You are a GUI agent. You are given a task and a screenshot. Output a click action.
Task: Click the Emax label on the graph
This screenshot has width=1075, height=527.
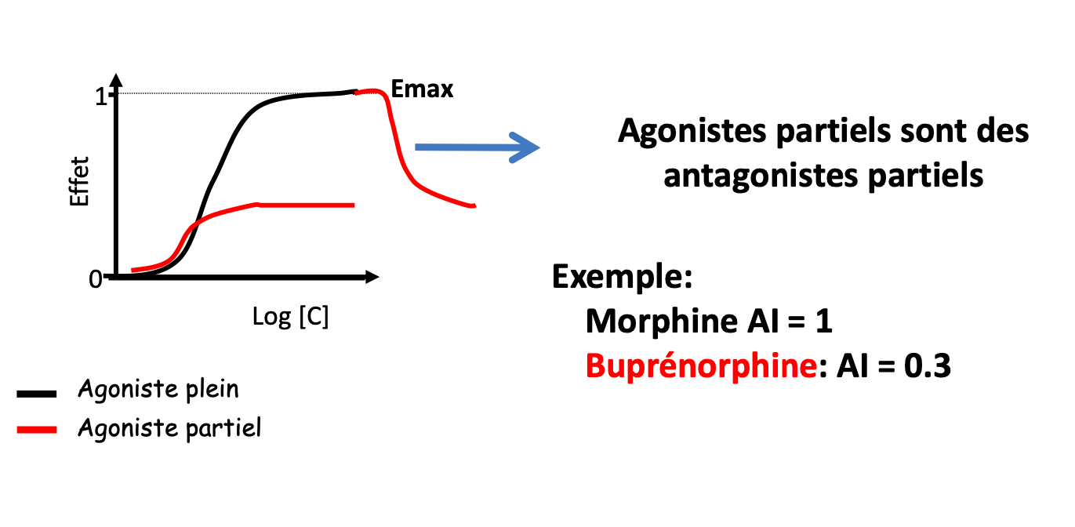click(422, 89)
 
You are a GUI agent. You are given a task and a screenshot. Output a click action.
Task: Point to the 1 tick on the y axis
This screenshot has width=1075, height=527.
click(100, 96)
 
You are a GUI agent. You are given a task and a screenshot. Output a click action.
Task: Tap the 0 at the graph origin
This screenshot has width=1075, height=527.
click(96, 279)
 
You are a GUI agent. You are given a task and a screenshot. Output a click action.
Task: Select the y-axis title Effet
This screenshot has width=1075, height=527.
click(79, 181)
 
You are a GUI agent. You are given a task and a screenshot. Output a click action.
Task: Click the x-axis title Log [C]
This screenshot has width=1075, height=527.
click(290, 316)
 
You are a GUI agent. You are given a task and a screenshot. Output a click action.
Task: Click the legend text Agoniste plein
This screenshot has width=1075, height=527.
click(158, 389)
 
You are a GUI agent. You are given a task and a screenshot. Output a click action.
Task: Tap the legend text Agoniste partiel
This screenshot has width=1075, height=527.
click(169, 428)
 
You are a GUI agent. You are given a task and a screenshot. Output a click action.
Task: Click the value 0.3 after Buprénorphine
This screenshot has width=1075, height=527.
click(928, 366)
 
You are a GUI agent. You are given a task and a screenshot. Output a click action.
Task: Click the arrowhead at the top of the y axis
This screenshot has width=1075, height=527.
click(116, 81)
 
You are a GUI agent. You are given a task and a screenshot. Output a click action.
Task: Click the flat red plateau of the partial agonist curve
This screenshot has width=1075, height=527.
click(306, 205)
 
